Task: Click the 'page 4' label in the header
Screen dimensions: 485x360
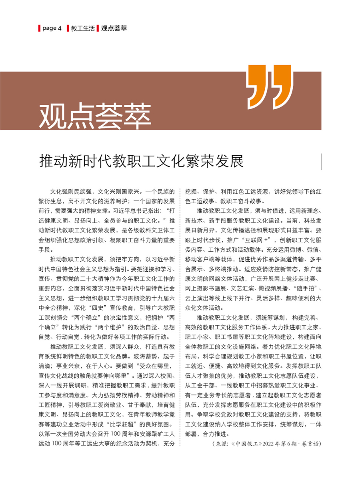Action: point(52,28)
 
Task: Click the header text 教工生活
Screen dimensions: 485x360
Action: point(83,28)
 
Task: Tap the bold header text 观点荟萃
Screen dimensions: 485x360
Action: point(114,28)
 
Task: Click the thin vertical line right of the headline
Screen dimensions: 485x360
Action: point(321,161)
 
